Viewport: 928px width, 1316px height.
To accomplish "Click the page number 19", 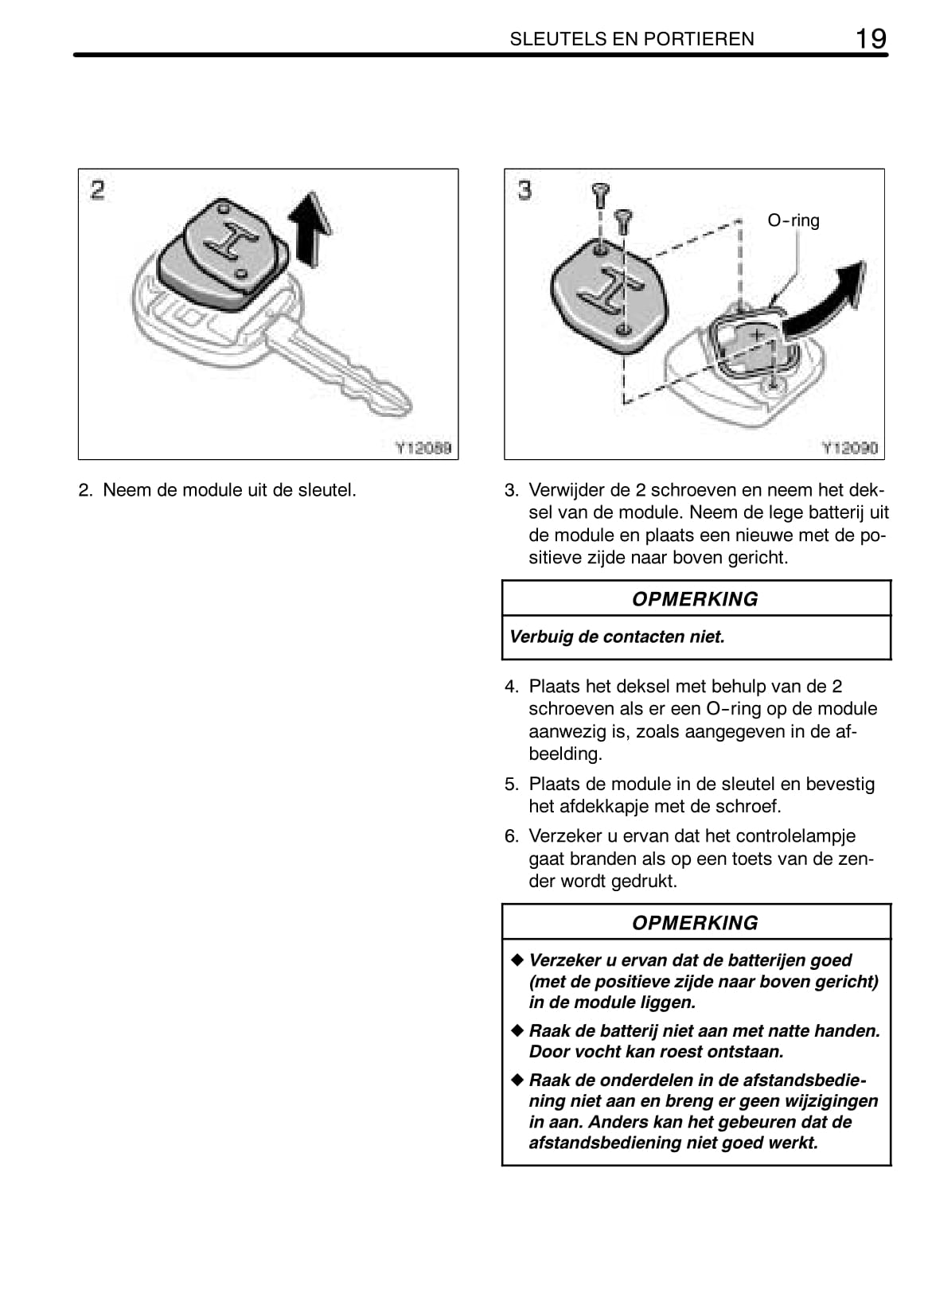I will [x=871, y=37].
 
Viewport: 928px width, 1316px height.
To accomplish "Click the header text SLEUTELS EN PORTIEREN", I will [x=631, y=39].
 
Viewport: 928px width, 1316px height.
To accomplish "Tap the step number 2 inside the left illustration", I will [x=97, y=190].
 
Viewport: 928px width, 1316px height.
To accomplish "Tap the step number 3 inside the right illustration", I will [x=524, y=190].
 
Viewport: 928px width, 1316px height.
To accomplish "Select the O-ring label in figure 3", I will [x=793, y=220].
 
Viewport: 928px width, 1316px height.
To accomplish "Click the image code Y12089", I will [x=423, y=448].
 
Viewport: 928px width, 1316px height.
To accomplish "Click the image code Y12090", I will [x=849, y=448].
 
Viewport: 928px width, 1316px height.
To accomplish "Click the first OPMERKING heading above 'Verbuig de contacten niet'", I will [x=695, y=599].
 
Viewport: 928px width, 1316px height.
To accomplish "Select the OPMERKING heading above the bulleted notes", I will [x=695, y=923].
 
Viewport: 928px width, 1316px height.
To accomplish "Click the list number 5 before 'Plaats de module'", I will [x=511, y=785].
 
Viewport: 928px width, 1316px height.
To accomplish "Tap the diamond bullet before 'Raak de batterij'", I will [x=517, y=1030].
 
